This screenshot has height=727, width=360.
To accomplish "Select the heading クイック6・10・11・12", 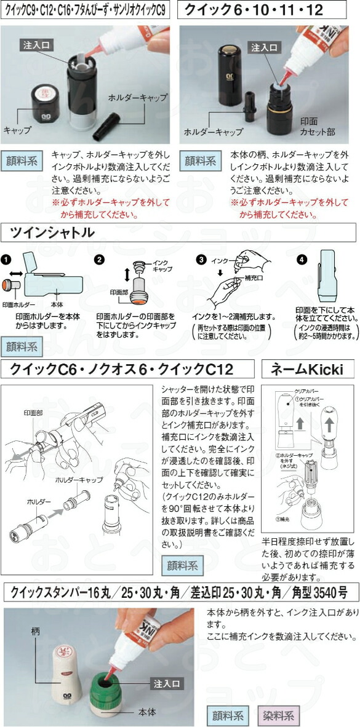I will point(254,10).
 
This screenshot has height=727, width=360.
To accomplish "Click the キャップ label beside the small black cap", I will point(17,130).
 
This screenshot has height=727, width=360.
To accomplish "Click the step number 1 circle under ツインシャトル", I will point(6,259).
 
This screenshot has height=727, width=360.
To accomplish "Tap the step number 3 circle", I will point(201,259).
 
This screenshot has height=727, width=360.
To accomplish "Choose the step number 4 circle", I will point(301,259).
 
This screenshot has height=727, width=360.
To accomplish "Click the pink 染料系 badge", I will point(278,715).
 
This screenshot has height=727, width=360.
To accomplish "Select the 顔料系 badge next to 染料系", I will point(228,715).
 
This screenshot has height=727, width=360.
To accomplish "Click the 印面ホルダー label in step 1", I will point(18,304).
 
